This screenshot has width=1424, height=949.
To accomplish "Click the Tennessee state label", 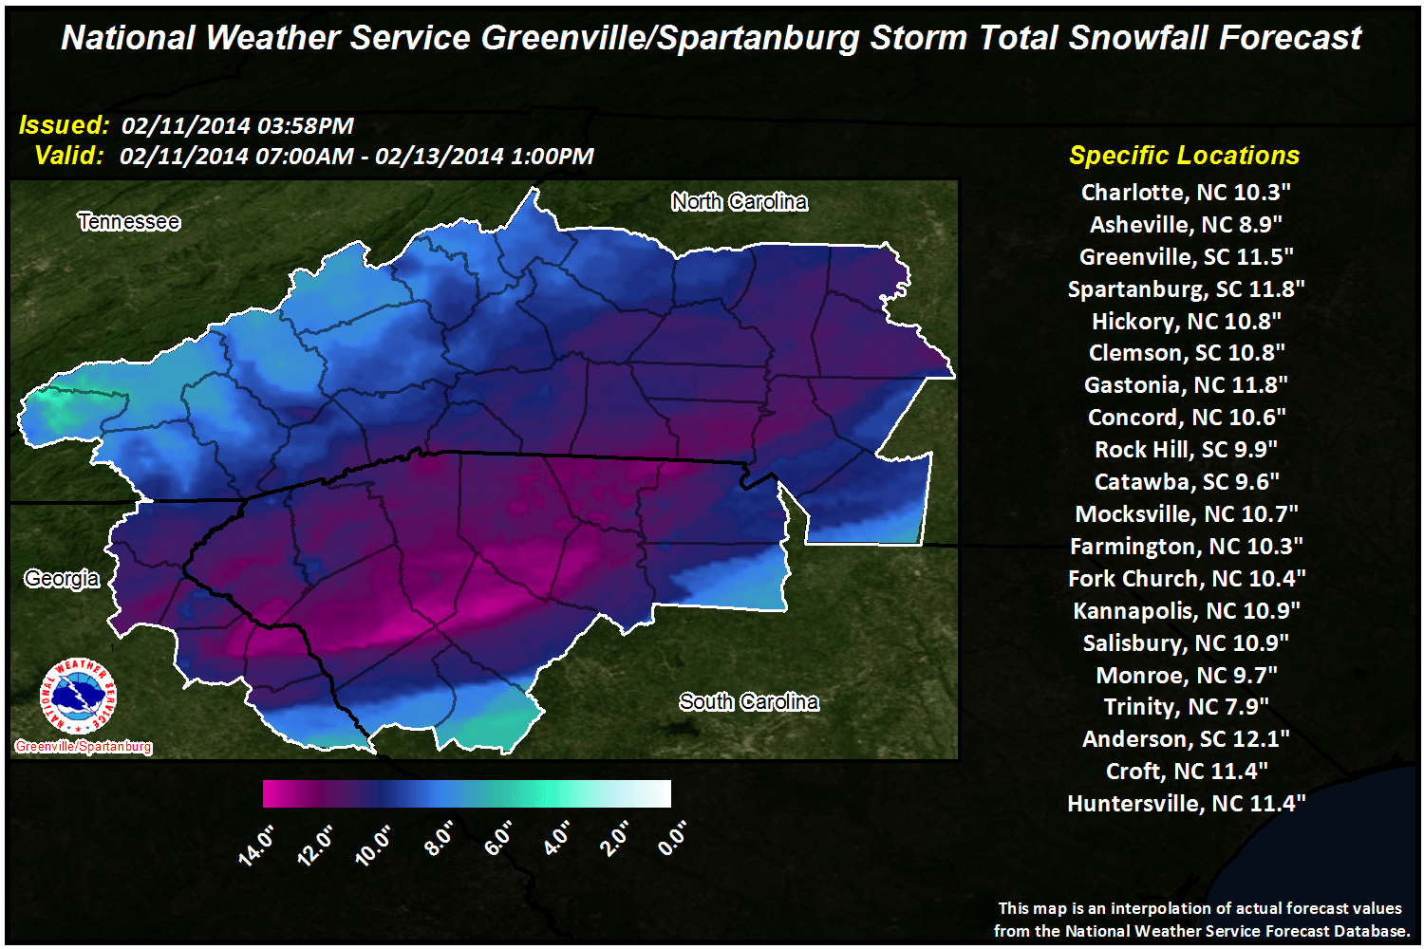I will click(129, 222).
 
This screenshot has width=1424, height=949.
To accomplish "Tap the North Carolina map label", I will click(740, 202).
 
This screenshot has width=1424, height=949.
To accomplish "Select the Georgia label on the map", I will click(62, 579).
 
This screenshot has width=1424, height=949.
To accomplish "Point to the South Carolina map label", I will click(749, 702).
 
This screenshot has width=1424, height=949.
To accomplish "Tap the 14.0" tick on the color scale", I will click(257, 844).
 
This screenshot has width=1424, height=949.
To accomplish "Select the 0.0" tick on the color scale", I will click(672, 838).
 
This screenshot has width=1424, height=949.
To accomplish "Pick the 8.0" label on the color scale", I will click(439, 839).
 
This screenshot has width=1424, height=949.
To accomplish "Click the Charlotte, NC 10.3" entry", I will click(1186, 193).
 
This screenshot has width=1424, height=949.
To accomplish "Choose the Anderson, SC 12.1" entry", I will click(1186, 739).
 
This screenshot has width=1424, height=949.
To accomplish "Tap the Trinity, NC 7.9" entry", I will click(1186, 707).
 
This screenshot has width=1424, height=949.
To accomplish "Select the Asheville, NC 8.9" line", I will click(1186, 225).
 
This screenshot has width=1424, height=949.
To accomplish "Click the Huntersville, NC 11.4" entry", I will click(1186, 804).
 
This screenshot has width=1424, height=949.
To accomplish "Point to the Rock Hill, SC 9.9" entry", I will click(1186, 450).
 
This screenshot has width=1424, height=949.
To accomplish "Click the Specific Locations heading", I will click(1184, 156).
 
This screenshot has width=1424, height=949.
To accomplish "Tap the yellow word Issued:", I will click(64, 125).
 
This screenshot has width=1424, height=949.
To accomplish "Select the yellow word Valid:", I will click(68, 156).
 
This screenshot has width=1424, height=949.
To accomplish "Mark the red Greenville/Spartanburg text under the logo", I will click(84, 747).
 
